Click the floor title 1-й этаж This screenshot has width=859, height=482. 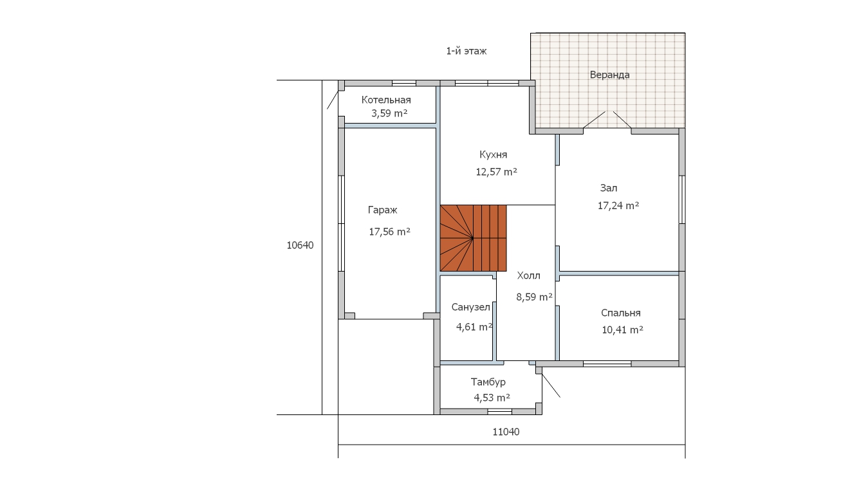(466, 51)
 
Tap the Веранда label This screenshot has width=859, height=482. (609, 75)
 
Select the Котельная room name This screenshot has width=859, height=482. (386, 100)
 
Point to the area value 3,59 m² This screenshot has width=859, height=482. (389, 113)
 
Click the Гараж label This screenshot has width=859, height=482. (383, 210)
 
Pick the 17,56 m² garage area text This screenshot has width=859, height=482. (390, 232)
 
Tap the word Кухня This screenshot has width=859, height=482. (493, 154)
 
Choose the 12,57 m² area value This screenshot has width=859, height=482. (497, 172)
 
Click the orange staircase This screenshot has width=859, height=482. (473, 238)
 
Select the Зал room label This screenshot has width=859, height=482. (609, 189)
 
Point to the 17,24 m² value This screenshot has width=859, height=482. (618, 206)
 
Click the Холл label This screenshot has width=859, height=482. (528, 275)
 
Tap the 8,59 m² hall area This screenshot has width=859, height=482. (534, 297)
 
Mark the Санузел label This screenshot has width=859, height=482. (470, 307)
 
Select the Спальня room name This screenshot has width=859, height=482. (621, 313)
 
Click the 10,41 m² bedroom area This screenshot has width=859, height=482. (622, 329)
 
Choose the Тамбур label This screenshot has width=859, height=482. (488, 382)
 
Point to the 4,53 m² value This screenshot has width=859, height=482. (492, 398)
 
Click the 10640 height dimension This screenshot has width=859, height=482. (300, 245)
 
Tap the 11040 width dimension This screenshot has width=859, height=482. (506, 432)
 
